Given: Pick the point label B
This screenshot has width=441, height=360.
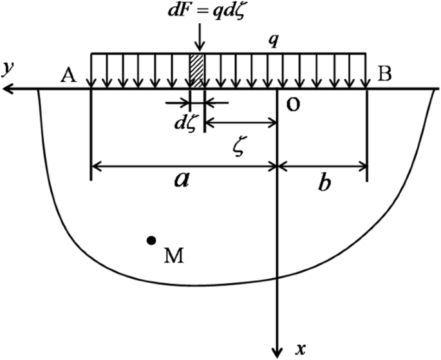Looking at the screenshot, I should tap(384, 75).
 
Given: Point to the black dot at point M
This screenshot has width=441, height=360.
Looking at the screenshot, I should tap(151, 240).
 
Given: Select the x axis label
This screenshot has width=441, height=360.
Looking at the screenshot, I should tap(299, 349).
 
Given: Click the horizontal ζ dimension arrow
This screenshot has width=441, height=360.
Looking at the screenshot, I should tap(240, 122).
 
